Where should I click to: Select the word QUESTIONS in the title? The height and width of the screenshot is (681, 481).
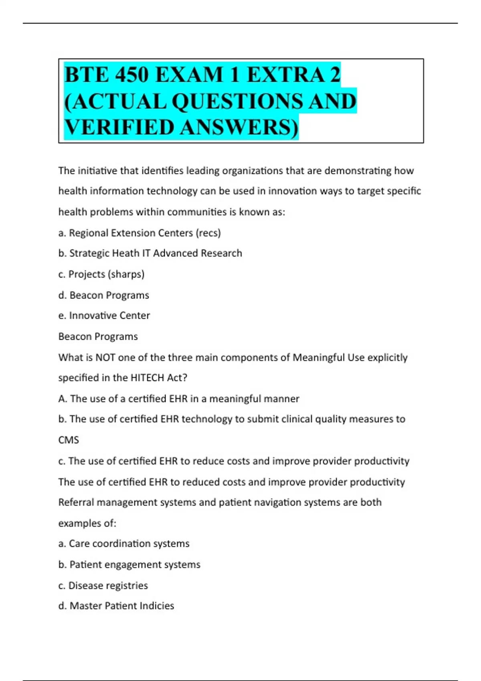coord(236,101)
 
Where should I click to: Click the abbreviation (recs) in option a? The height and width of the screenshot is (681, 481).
coord(208,233)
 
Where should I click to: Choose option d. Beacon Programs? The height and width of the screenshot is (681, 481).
coord(104,295)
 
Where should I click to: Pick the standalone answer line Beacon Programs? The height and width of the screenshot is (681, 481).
coord(98,336)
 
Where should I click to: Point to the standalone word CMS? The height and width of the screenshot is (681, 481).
coord(69,440)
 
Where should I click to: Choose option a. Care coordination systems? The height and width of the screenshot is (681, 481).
coord(124,544)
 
